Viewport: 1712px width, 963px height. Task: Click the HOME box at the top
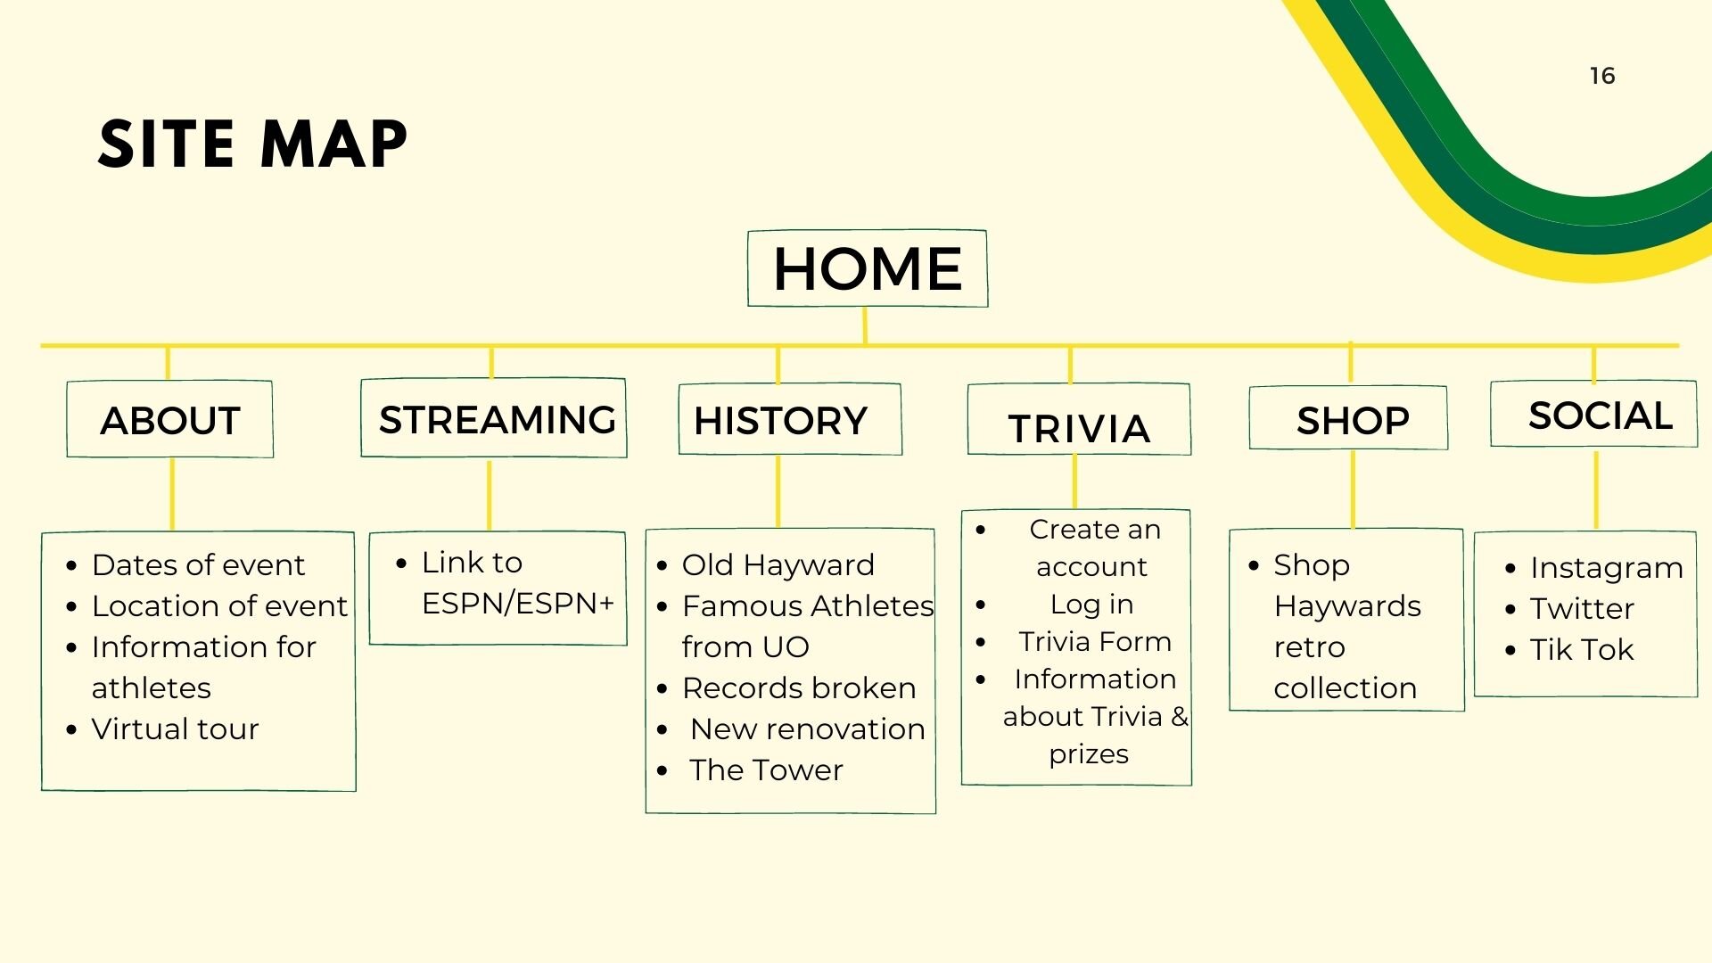[x=868, y=268]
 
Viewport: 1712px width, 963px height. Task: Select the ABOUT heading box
[x=169, y=419]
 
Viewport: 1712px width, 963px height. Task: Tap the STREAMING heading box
[x=494, y=418]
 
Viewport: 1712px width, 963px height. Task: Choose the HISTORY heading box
[x=790, y=419]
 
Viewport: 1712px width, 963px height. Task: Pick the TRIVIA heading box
[x=1079, y=419]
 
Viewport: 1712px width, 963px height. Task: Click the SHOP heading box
[x=1348, y=417]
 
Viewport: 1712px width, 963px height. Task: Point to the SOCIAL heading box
[x=1593, y=414]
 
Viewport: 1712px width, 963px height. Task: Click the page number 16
[x=1602, y=76]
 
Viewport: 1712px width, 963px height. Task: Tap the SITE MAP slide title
[x=252, y=144]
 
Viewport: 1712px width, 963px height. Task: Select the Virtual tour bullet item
[x=175, y=729]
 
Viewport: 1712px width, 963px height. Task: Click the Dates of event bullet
[x=198, y=565]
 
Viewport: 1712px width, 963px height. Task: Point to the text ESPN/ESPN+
[x=518, y=604]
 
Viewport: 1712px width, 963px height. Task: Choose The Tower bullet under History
[x=766, y=770]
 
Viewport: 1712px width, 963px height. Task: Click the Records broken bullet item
[x=799, y=688]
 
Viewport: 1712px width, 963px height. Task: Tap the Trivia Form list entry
[x=1095, y=642]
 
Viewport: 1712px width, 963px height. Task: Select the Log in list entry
[x=1092, y=605]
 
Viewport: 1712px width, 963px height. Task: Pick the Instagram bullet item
[x=1607, y=568]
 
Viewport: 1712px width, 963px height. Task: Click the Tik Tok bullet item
[x=1582, y=650]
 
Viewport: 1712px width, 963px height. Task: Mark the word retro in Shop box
[x=1309, y=647]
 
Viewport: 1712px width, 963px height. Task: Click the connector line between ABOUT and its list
[x=171, y=495]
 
